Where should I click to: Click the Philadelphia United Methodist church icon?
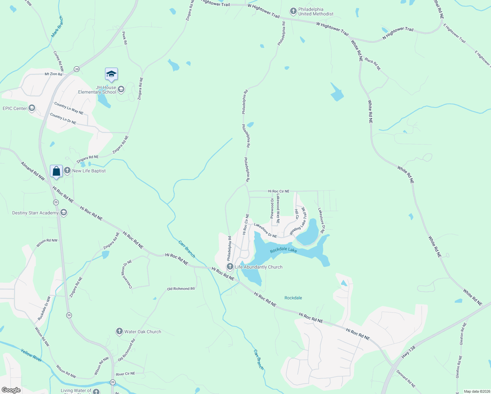tap(293, 11)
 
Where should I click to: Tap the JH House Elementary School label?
tap(97, 90)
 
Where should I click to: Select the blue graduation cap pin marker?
tap(111, 75)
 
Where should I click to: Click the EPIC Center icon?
tap(32, 108)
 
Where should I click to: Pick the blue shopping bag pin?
tap(56, 171)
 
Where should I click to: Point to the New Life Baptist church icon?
tap(67, 170)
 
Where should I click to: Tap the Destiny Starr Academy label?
tap(35, 213)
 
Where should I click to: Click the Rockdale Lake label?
tap(284, 250)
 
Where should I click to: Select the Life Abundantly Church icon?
tap(230, 266)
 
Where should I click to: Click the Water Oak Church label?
tap(143, 332)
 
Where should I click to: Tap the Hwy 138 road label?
tap(409, 352)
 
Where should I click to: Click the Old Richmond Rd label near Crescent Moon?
tap(181, 289)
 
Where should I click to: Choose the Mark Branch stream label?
tap(57, 26)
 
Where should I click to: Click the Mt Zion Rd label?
tap(53, 74)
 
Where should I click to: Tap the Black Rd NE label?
tap(373, 64)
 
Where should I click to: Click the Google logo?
tap(11, 390)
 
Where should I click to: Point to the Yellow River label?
tap(32, 355)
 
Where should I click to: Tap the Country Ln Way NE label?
tap(69, 108)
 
